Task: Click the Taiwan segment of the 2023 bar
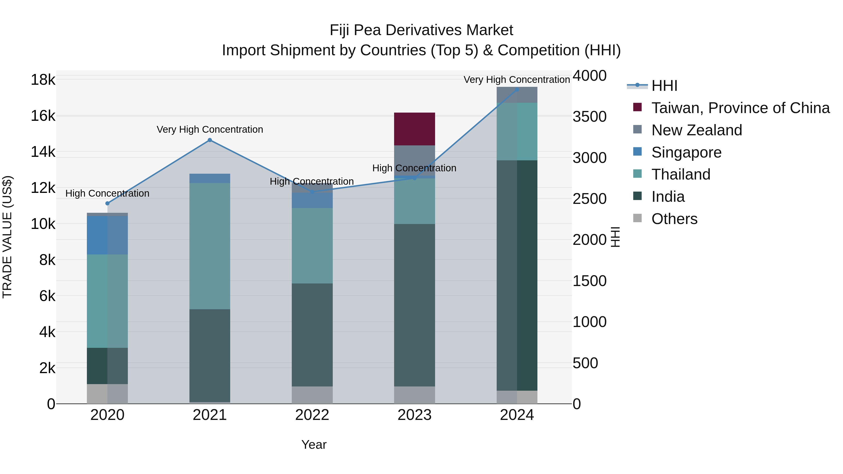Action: (x=414, y=129)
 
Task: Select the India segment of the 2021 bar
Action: (x=210, y=355)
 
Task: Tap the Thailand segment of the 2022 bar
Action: (x=312, y=246)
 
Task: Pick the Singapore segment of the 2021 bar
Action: (x=210, y=178)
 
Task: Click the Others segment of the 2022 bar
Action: (x=312, y=395)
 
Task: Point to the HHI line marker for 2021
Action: (x=210, y=140)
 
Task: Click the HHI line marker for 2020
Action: (x=107, y=203)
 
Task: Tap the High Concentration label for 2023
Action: (x=414, y=168)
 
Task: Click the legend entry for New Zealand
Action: (x=696, y=130)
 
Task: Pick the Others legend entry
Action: (x=674, y=219)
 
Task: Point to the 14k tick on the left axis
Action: (x=43, y=152)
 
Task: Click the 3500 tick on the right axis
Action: (x=589, y=117)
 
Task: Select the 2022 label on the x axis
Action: (x=312, y=415)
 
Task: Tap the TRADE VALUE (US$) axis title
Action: (x=7, y=237)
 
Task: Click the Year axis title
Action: (x=314, y=445)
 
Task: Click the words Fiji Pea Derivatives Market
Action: (x=421, y=30)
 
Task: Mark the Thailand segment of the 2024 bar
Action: (x=517, y=132)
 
